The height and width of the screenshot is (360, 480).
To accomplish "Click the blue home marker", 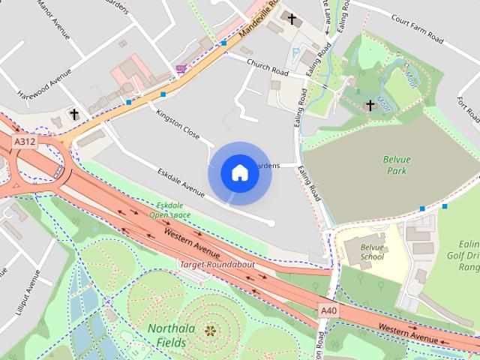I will coord(239,172).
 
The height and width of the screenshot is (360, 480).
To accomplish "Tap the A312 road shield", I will coord(24,141).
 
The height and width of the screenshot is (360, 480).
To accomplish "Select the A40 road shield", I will coord(328,310).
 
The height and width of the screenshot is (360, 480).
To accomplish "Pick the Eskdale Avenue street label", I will coord(181,183).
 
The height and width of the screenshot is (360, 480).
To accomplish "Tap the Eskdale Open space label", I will coord(169,210).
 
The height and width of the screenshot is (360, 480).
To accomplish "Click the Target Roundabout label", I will coord(217,265).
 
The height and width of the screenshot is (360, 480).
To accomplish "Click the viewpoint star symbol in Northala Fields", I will coord(209,329).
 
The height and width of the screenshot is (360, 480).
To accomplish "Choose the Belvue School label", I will coord(372,252).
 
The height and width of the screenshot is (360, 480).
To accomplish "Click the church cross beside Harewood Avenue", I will coord(73,115).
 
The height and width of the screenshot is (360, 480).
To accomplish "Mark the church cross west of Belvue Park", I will coord(370,106).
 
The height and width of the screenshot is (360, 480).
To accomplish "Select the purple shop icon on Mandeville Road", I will coord(180,68).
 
